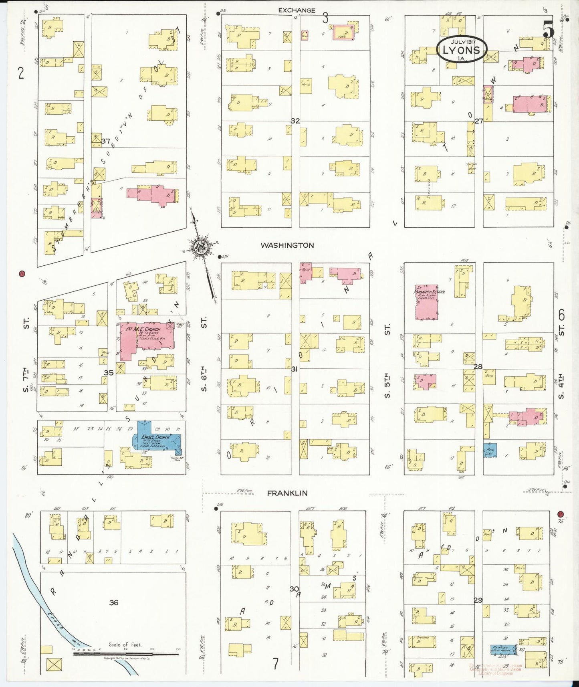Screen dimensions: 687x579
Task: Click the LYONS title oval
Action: (462, 50)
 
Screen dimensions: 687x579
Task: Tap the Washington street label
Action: (287, 245)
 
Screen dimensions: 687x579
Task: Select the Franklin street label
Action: (287, 493)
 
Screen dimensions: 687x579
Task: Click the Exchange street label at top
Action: (297, 10)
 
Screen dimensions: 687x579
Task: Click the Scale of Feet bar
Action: (126, 654)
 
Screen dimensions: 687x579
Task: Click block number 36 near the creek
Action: (114, 602)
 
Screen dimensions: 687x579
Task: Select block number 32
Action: (295, 121)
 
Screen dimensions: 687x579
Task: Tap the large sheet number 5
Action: (549, 30)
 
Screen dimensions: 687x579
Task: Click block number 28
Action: (478, 366)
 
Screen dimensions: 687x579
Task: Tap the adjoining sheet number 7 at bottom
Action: (275, 664)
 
